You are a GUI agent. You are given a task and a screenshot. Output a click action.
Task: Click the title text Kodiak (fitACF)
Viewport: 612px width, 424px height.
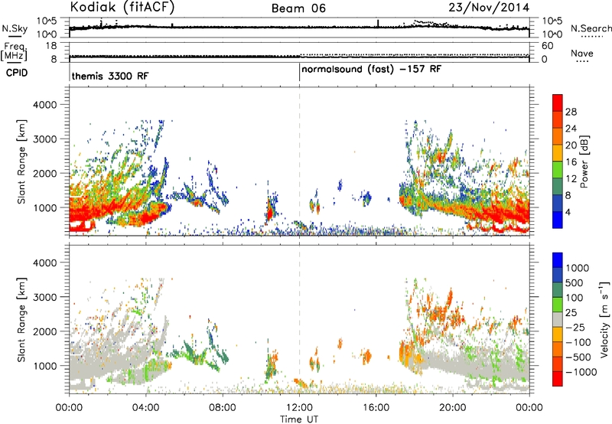click(x=122, y=7)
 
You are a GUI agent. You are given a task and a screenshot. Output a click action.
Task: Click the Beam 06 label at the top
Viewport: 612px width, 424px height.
click(x=298, y=8)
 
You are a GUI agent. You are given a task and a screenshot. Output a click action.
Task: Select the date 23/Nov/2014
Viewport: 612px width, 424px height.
click(x=489, y=8)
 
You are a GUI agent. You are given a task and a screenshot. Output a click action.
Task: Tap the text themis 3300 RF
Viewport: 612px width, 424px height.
click(x=110, y=76)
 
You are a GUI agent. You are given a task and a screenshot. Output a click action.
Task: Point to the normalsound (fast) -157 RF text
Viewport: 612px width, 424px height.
click(x=371, y=70)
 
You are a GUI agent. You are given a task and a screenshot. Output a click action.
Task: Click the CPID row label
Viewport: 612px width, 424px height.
click(x=17, y=73)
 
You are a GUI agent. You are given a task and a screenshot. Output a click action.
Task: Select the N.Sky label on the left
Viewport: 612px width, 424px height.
click(x=15, y=28)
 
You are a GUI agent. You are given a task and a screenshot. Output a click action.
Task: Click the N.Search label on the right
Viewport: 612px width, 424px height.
click(x=591, y=28)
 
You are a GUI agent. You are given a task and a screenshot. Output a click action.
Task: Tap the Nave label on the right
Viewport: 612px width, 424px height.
click(x=582, y=53)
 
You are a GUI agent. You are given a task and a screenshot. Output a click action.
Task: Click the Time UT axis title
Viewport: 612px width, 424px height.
click(x=299, y=419)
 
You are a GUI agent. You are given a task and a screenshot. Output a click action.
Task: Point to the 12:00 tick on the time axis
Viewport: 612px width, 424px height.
click(x=299, y=408)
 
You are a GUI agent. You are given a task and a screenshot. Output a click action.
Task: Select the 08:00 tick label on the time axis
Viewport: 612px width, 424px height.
click(x=223, y=408)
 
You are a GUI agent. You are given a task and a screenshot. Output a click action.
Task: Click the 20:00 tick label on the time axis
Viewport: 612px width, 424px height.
click(x=453, y=408)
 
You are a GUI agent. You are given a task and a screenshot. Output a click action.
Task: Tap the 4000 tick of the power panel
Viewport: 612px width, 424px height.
click(x=45, y=105)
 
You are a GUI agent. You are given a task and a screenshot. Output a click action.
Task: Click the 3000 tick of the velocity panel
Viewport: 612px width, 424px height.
click(x=45, y=297)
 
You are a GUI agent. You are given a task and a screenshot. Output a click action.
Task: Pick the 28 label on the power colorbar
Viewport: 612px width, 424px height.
click(x=571, y=112)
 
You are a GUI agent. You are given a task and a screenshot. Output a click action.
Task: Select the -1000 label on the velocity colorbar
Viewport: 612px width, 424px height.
click(x=581, y=372)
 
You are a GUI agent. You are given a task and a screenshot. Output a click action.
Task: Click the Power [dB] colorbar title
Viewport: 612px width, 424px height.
click(x=584, y=161)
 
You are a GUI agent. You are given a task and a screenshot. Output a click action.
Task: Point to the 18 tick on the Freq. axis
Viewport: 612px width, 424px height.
click(x=51, y=46)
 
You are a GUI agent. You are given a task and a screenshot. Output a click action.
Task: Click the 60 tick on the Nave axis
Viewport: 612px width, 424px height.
click(x=547, y=46)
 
